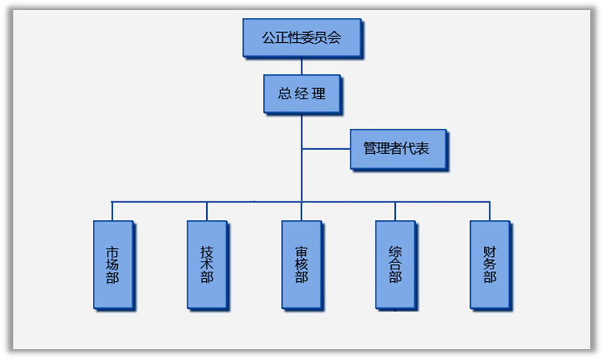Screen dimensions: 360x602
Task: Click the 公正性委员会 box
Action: click(301, 37)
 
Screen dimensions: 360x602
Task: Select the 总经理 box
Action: click(301, 94)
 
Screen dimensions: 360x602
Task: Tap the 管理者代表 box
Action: click(397, 148)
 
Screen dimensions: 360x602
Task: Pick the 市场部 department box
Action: click(112, 264)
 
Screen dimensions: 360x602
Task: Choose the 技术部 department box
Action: click(207, 264)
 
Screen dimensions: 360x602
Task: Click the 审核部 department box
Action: click(301, 264)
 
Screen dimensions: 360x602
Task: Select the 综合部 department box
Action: click(395, 264)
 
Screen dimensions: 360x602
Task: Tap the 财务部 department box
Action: click(490, 264)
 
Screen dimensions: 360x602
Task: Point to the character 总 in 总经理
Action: click(284, 94)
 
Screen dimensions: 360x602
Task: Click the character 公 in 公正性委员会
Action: click(268, 37)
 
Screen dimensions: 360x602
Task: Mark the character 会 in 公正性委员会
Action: click(335, 37)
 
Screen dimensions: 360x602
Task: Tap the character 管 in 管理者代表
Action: click(370, 148)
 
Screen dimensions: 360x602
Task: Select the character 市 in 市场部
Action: click(112, 251)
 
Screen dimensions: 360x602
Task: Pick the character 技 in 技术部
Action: click(207, 251)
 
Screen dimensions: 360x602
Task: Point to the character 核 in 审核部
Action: click(301, 265)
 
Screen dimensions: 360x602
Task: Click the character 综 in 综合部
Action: click(395, 251)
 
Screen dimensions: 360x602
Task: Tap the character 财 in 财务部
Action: click(490, 251)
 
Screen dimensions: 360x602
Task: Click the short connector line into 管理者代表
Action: click(326, 148)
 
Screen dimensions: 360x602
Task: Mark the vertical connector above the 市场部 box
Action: click(112, 211)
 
